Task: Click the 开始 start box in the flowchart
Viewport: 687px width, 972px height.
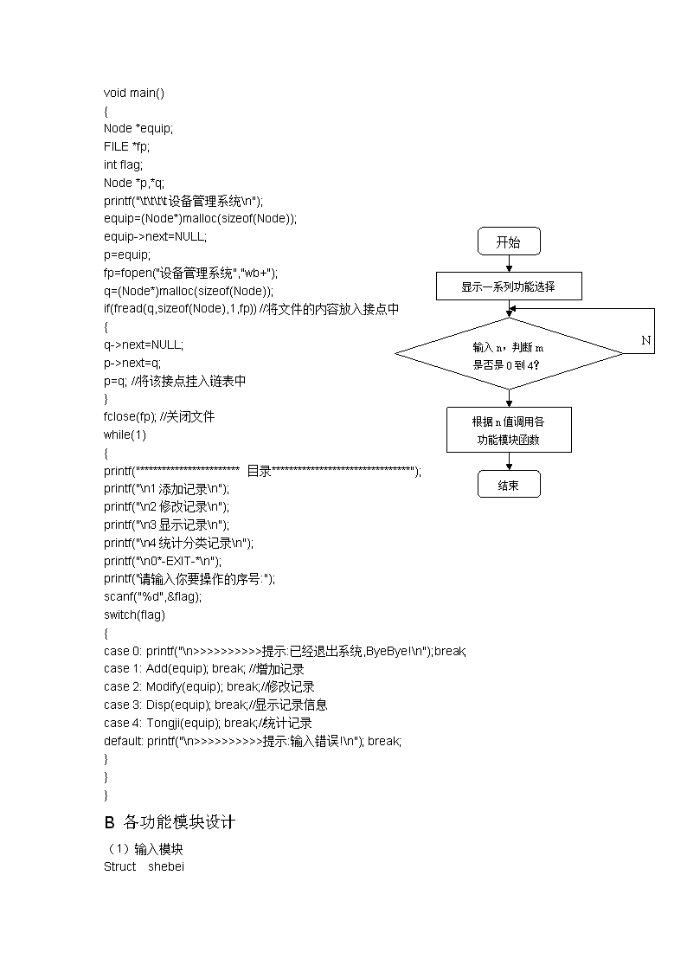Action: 509,241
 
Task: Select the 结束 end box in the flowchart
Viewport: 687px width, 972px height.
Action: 509,484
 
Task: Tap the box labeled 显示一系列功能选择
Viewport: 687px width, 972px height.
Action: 509,286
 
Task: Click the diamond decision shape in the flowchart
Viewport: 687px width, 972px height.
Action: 509,354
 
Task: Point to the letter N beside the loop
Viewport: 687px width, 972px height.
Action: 646,340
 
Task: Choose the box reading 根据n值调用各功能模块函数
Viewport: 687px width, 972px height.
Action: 509,429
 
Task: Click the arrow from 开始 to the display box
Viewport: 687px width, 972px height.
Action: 510,263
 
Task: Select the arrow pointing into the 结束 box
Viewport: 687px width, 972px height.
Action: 510,462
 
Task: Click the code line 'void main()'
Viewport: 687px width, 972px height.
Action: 134,93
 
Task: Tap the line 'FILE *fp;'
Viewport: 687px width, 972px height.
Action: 126,147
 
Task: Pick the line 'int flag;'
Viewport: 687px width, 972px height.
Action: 123,165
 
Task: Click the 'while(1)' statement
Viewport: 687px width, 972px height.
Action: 125,435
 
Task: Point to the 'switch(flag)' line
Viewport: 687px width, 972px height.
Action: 134,615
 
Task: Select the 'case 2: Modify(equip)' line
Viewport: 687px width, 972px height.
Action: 209,687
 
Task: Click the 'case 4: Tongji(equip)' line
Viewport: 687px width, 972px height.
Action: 208,723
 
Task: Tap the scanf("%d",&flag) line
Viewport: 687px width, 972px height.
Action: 152,597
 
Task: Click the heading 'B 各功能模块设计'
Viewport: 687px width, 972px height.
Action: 170,822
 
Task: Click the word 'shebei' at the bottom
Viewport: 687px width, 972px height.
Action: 166,866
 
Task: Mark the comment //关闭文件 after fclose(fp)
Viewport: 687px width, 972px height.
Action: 187,417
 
